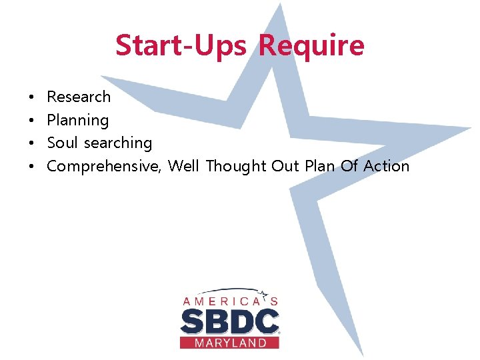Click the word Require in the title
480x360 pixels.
(311, 46)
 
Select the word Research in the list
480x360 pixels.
(79, 97)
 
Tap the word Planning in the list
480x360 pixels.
(77, 121)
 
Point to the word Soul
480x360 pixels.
(62, 143)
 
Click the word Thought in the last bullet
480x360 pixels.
(236, 167)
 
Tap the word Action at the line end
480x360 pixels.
(387, 166)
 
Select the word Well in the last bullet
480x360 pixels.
(184, 166)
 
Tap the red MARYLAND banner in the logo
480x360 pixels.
(229, 343)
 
